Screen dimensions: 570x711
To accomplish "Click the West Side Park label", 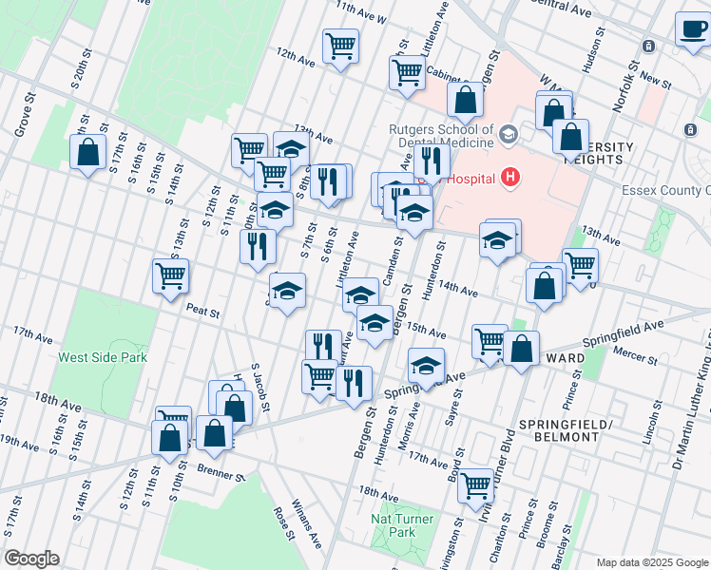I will [103, 358].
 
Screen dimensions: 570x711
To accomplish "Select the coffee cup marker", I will [692, 28].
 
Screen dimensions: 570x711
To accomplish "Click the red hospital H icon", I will [511, 177].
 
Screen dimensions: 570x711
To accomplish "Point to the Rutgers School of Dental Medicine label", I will [440, 137].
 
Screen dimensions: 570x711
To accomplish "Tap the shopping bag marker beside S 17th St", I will [87, 153].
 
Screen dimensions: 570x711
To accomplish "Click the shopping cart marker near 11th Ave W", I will [340, 46].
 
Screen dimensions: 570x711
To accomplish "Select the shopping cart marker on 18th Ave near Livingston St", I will [475, 485].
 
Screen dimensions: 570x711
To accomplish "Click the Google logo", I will [31, 559].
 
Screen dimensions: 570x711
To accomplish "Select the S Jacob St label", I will [258, 385].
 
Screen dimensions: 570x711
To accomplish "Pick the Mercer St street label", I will [636, 359].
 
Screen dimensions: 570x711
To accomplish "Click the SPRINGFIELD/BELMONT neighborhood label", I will [560, 429].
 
